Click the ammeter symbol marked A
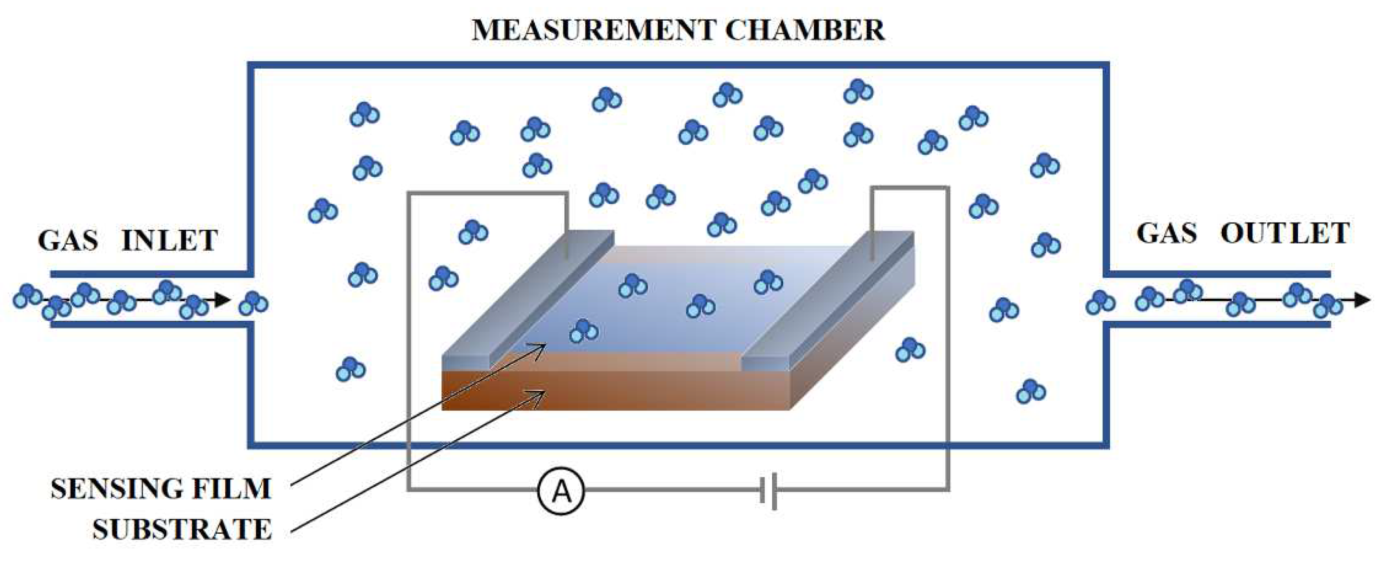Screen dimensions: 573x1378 561,490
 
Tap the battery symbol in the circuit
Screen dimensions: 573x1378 768,490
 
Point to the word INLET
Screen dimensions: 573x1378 170,240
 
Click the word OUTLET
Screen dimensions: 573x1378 1285,234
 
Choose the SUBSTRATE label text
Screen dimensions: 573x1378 182,530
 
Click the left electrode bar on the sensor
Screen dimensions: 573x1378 527,300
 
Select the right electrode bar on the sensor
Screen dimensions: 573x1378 826,300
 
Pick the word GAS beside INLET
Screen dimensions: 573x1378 68,240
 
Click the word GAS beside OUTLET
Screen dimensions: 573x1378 1166,234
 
